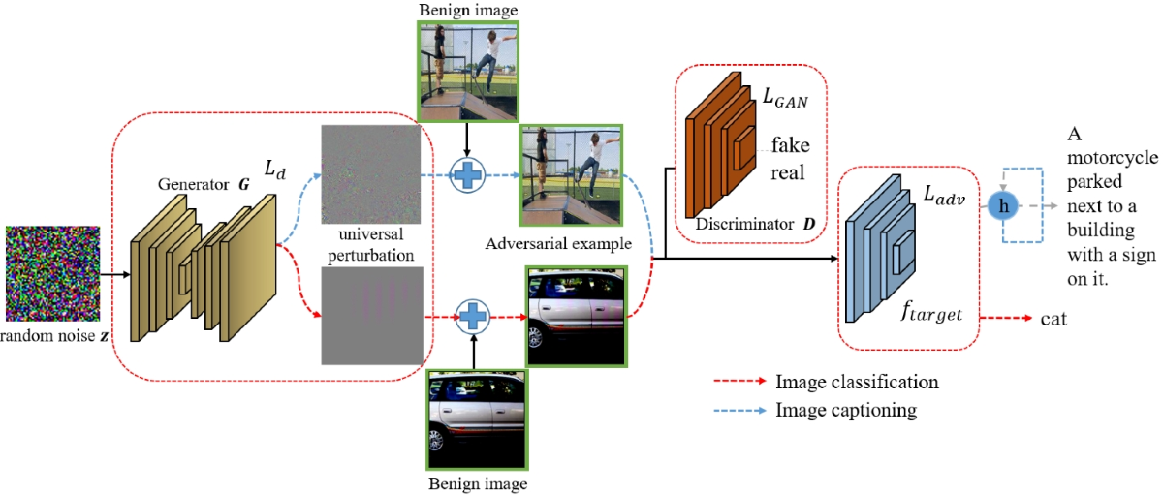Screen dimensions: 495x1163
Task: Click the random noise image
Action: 54,273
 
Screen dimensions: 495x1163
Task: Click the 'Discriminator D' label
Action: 753,225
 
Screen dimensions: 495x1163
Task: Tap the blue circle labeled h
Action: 1003,207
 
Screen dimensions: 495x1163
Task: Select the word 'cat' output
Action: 1053,318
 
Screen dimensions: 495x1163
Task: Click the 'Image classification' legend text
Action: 857,382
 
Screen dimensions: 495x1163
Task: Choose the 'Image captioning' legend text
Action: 846,410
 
